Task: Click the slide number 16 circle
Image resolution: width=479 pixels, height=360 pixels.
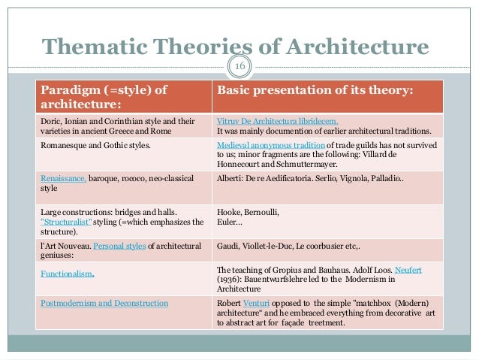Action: tap(240, 66)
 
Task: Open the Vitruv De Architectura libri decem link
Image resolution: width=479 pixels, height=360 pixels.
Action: tap(277, 120)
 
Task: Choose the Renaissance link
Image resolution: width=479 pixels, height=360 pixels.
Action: tap(64, 178)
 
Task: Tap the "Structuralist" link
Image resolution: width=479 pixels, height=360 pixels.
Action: tap(67, 222)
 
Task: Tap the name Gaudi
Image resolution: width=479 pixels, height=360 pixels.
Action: tap(228, 246)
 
